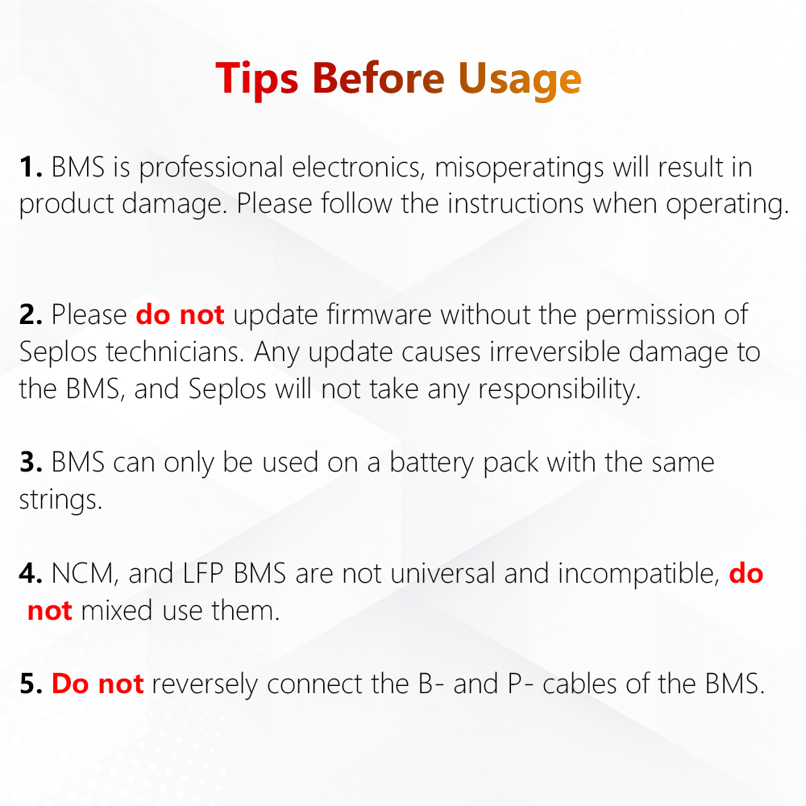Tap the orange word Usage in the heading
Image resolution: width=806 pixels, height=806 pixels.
520,78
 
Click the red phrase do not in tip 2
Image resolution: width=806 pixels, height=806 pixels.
180,315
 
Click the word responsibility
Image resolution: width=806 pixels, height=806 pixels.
559,389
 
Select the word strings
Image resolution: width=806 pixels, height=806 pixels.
60,500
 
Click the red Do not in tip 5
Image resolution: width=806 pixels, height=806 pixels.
98,684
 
